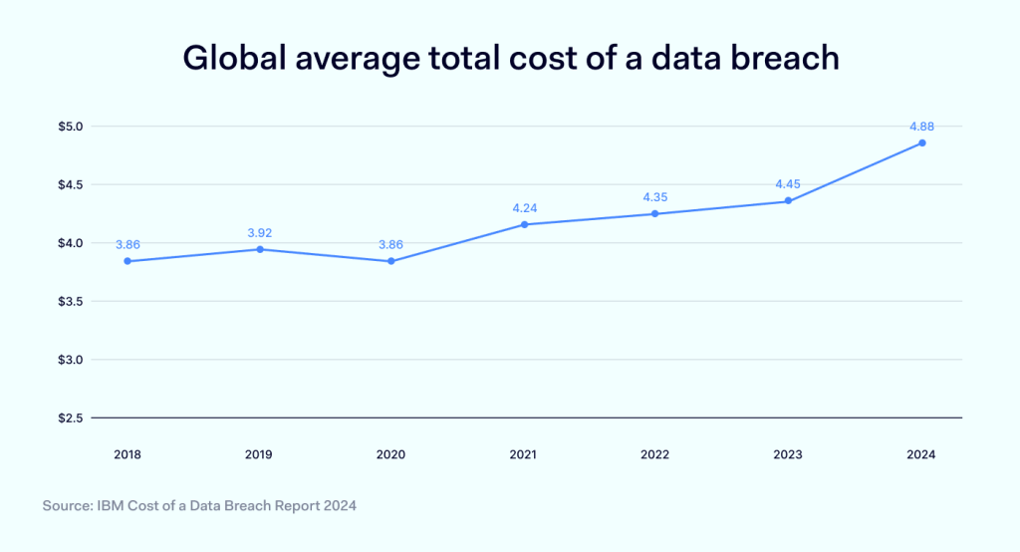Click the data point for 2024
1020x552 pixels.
tap(922, 142)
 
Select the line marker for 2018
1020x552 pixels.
tap(127, 261)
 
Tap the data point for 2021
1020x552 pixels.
tap(524, 224)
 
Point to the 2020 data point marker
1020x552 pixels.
tap(391, 261)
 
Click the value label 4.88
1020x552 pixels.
tap(921, 127)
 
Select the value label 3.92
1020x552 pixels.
tap(259, 233)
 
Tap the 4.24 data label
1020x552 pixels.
tap(524, 208)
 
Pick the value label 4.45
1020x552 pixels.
tap(788, 184)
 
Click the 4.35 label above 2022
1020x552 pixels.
tap(654, 197)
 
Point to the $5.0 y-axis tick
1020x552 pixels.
tap(73, 127)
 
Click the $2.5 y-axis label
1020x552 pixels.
tap(73, 417)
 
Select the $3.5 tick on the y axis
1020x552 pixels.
tap(73, 301)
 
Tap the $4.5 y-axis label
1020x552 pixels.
tap(73, 184)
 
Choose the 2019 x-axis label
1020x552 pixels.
tap(259, 454)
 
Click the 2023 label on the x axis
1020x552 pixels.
tap(788, 454)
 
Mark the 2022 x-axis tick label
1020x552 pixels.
tap(654, 454)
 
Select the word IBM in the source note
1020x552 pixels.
tap(112, 506)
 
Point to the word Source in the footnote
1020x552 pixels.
tap(67, 506)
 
